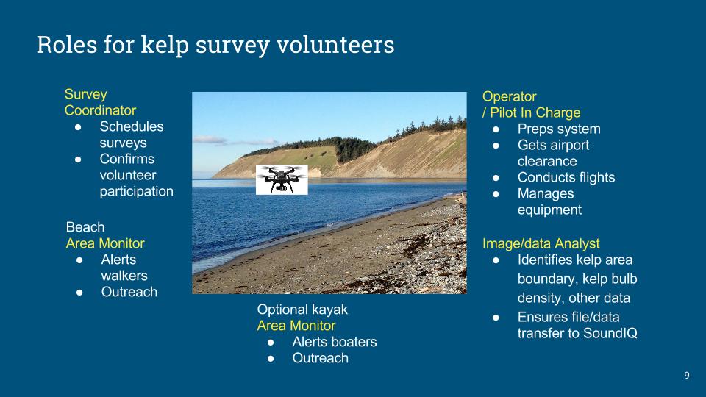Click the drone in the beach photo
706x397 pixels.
pyautogui.click(x=282, y=179)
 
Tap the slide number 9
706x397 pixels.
pyautogui.click(x=687, y=376)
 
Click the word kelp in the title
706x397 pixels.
pyautogui.click(x=164, y=46)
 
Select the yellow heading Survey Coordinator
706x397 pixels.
pyautogui.click(x=100, y=102)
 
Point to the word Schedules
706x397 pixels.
pyautogui.click(x=132, y=126)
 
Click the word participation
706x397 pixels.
pyautogui.click(x=137, y=191)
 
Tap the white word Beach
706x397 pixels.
pyautogui.click(x=85, y=227)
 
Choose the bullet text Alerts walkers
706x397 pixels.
pyautogui.click(x=124, y=268)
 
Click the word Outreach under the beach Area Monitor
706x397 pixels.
pyautogui.click(x=129, y=292)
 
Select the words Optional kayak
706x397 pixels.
pyautogui.click(x=302, y=310)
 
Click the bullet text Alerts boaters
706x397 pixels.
pyautogui.click(x=335, y=342)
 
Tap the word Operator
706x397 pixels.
pyautogui.click(x=509, y=96)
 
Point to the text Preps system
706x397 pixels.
pyautogui.click(x=559, y=129)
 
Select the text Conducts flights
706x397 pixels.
pyautogui.click(x=566, y=177)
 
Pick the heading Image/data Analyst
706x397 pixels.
pyautogui.click(x=541, y=243)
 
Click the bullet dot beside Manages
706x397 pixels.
pyautogui.click(x=496, y=194)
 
